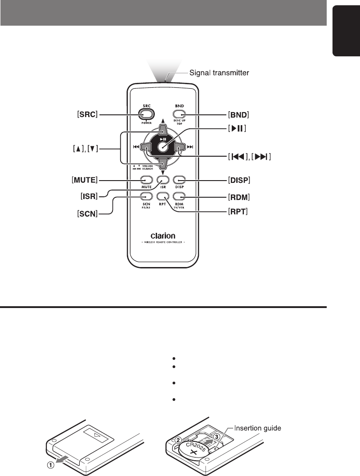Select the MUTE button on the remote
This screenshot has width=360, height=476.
tap(145, 179)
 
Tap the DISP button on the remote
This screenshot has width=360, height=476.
tap(179, 179)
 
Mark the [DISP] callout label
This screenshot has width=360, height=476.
tap(240, 180)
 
